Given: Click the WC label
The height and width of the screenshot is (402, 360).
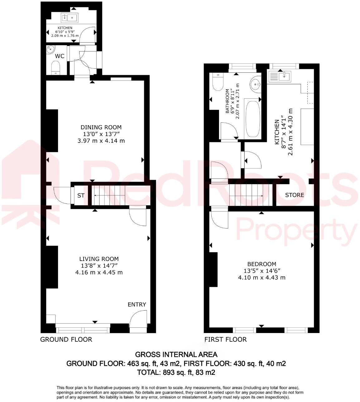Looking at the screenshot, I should (60, 56).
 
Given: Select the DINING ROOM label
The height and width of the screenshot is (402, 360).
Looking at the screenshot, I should (101, 127).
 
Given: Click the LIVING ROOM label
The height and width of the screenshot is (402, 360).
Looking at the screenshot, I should (99, 259).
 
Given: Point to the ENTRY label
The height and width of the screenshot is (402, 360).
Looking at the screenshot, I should (137, 305).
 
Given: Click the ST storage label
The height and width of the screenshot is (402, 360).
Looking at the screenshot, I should (81, 196).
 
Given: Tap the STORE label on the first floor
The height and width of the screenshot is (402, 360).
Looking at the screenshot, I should (294, 195).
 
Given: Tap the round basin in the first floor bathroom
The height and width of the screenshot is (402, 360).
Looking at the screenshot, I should (256, 84).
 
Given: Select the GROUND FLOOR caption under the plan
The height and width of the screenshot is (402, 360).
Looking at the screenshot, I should (66, 340).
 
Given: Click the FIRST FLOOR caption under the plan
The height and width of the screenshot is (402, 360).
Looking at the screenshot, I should (225, 340).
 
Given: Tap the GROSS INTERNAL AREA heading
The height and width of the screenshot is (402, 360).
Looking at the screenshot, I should (176, 355).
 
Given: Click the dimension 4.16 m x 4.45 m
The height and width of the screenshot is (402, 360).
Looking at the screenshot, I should (99, 272).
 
